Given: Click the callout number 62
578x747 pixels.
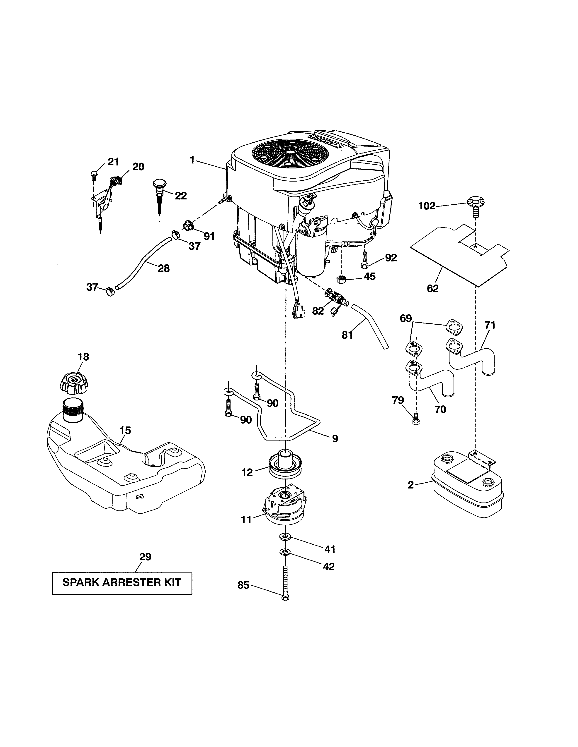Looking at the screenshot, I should [x=433, y=288].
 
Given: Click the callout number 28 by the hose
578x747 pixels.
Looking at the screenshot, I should [x=163, y=268].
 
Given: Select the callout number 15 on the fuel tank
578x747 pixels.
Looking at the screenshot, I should [x=125, y=430].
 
